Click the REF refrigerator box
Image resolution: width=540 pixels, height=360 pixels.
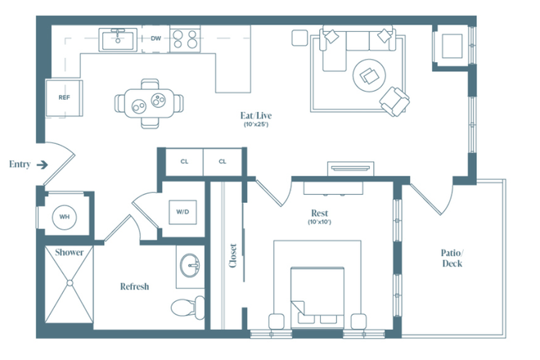click(x=64, y=97)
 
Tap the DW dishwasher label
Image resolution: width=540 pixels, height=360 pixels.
click(x=155, y=38)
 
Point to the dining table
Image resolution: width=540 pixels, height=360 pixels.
click(x=149, y=103)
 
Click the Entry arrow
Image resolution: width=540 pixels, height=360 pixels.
click(x=42, y=164)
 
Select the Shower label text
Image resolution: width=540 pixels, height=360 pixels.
click(x=69, y=253)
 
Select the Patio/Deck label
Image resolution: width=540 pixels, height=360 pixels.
click(x=452, y=258)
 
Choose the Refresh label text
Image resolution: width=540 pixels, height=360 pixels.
click(x=135, y=286)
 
